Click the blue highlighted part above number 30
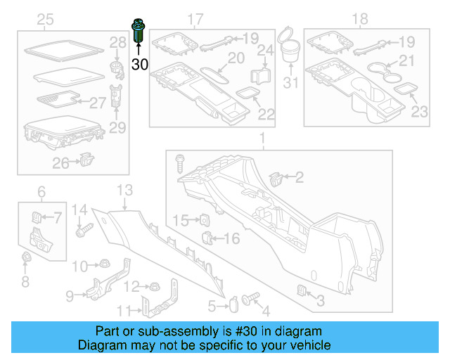click(x=138, y=32)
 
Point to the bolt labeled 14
click(x=87, y=228)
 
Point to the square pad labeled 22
click(x=247, y=92)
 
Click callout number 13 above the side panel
click(x=124, y=189)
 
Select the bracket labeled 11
click(x=149, y=304)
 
